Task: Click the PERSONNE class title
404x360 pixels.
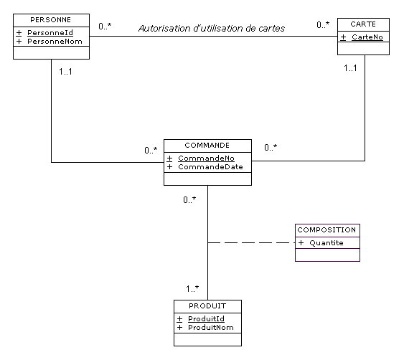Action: point(50,20)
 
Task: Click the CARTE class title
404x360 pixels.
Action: point(363,24)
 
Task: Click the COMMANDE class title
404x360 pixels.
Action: point(207,146)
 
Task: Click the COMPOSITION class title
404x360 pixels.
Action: point(327,229)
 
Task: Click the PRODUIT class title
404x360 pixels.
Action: point(207,306)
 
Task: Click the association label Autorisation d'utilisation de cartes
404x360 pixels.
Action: point(212,28)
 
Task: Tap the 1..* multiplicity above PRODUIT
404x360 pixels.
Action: point(192,289)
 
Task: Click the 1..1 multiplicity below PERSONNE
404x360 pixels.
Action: point(65,71)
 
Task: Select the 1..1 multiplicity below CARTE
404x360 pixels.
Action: point(350,68)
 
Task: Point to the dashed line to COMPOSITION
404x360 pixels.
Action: point(251,242)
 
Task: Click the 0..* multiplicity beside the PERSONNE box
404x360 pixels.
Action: point(105,26)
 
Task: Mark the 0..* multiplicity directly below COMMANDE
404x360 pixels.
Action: point(189,199)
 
